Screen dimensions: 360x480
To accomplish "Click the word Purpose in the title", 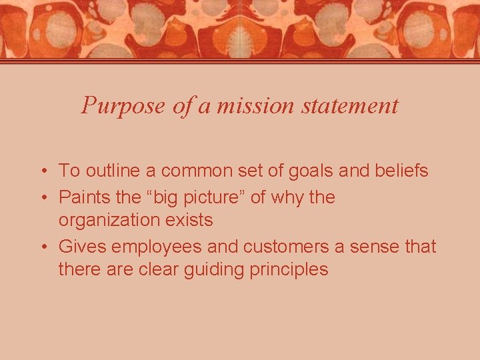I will [x=123, y=105].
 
